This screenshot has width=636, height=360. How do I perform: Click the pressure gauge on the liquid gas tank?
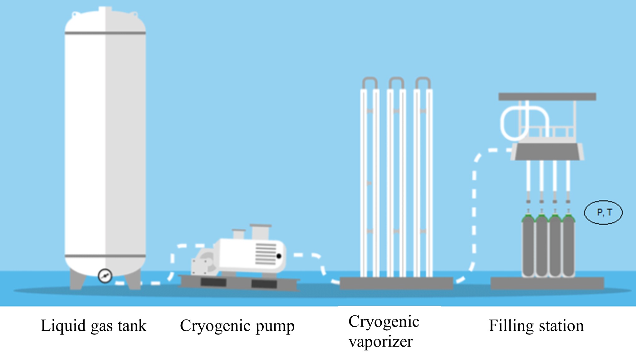pyautogui.click(x=105, y=276)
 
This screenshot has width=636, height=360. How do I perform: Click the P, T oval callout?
pyautogui.click(x=603, y=212)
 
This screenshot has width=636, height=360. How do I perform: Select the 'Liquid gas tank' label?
pyautogui.click(x=94, y=326)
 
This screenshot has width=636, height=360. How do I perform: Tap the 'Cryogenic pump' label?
pyautogui.click(x=237, y=326)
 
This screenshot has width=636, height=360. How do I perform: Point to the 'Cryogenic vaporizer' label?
pyautogui.click(x=384, y=331)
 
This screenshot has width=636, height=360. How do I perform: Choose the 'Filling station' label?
pyautogui.click(x=536, y=326)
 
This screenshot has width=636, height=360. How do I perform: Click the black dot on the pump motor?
pyautogui.click(x=279, y=256)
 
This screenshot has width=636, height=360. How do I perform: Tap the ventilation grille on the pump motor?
pyautogui.click(x=266, y=254)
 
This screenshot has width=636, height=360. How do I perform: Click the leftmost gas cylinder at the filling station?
pyautogui.click(x=528, y=246)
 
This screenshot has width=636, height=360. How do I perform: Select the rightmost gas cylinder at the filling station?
pyautogui.click(x=568, y=246)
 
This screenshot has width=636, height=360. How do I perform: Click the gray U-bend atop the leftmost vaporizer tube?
pyautogui.click(x=370, y=82)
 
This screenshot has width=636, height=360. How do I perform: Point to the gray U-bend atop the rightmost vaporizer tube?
pyautogui.click(x=423, y=82)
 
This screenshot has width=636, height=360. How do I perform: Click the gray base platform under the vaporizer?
pyautogui.click(x=396, y=283)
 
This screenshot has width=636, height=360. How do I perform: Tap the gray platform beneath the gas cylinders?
pyautogui.click(x=547, y=283)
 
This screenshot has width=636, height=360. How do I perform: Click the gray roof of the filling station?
pyautogui.click(x=547, y=97)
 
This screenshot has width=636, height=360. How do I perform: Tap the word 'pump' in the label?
pyautogui.click(x=275, y=327)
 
